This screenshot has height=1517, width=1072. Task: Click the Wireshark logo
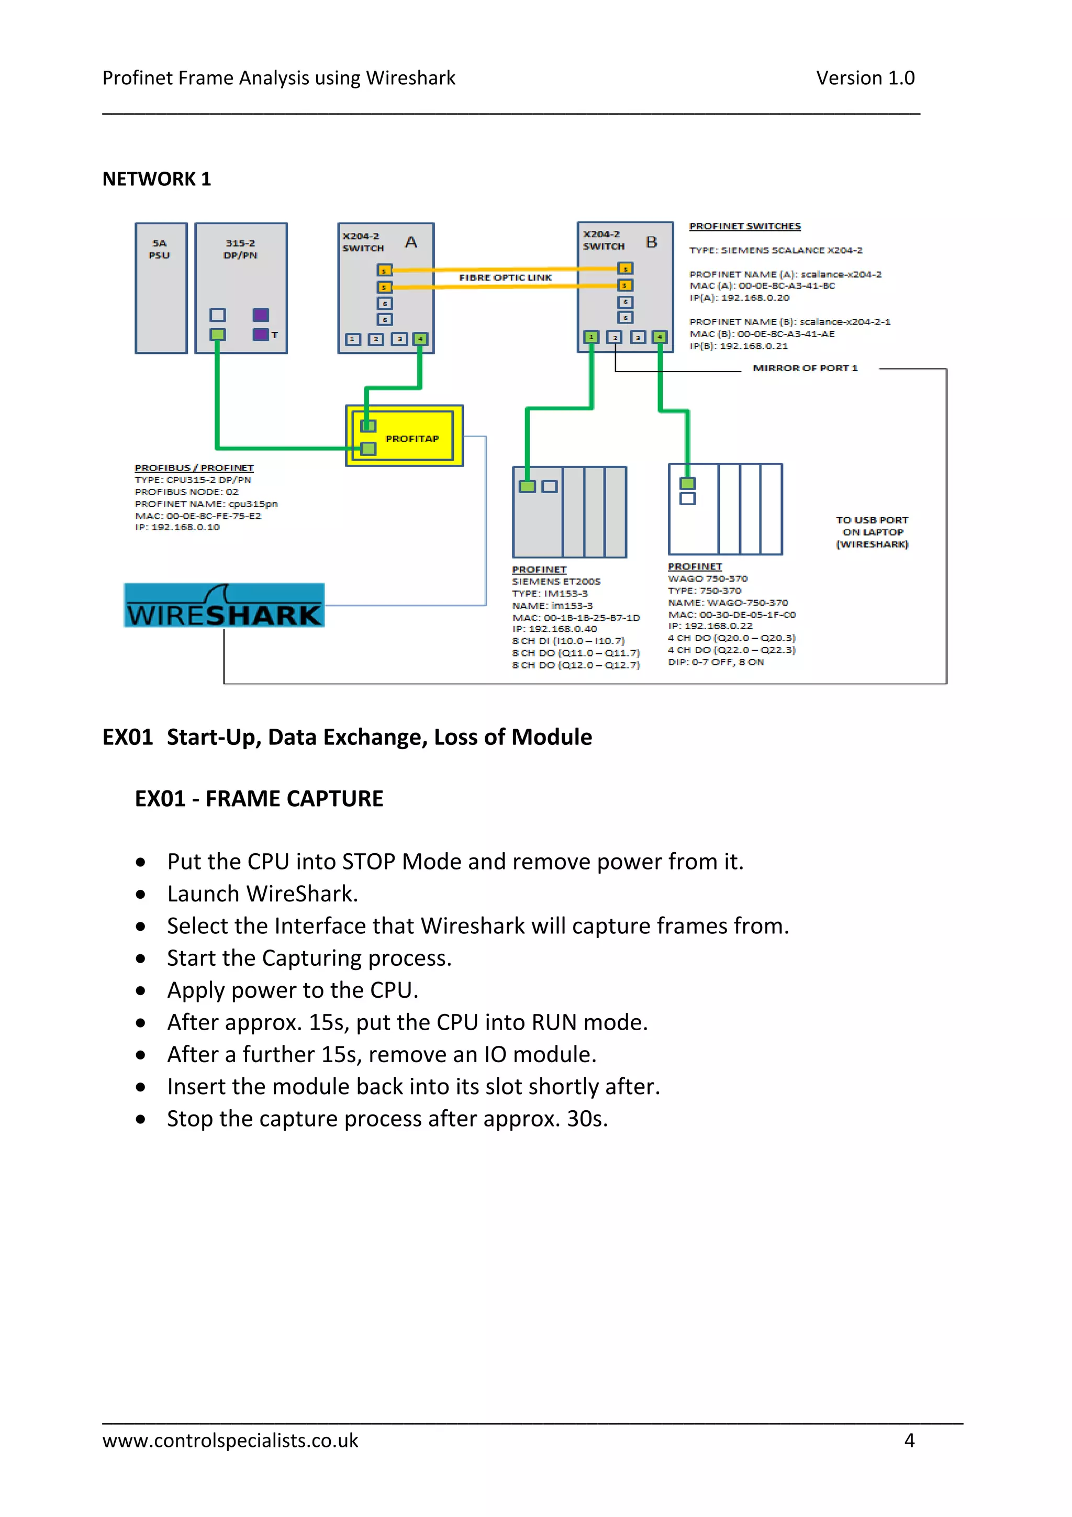click(x=224, y=605)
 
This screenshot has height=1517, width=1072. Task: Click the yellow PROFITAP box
click(x=411, y=438)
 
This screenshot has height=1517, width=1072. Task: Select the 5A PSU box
click(x=161, y=288)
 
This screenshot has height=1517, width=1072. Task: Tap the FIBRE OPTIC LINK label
click(x=505, y=277)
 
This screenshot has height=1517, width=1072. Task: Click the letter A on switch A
click(x=411, y=242)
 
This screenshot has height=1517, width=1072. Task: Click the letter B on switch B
click(x=651, y=242)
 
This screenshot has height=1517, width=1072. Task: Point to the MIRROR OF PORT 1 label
click(x=805, y=368)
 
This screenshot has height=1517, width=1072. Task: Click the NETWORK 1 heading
click(x=157, y=179)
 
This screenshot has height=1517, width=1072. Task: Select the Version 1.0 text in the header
click(x=865, y=78)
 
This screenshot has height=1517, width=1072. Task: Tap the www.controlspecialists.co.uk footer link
click(x=230, y=1441)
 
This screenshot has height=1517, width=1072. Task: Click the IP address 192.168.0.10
click(x=185, y=527)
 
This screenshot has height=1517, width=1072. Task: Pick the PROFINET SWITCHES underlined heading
click(x=744, y=226)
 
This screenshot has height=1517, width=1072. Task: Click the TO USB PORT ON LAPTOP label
click(x=872, y=532)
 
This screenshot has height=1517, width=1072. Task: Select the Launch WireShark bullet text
click(x=262, y=894)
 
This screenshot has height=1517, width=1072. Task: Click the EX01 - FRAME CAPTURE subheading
click(x=259, y=799)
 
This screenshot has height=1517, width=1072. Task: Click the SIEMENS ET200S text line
click(x=556, y=582)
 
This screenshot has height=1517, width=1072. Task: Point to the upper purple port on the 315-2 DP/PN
click(x=260, y=315)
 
